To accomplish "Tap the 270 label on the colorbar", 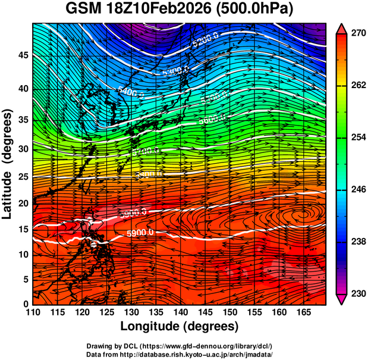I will point(357,34).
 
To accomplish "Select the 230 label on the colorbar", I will point(357,294).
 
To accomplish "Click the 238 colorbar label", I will point(357,242).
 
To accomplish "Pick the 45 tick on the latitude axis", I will point(23,55).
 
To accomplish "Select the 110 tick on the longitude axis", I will point(33,312).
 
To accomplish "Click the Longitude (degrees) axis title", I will point(180,326).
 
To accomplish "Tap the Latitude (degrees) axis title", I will point(8,164).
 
